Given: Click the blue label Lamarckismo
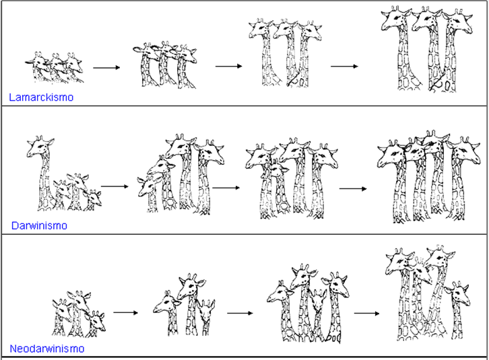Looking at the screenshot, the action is coord(41,98).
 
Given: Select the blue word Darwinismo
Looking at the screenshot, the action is coord(38,225).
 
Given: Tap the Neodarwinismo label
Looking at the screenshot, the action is coord(47,349).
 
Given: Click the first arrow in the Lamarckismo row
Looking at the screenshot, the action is coord(106,67).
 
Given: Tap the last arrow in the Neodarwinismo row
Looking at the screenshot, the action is coord(368,313).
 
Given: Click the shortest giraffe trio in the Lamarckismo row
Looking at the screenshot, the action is coord(58,67).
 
